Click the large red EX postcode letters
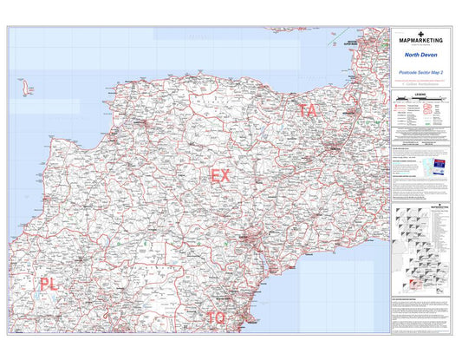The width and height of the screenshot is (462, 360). pos(221,176)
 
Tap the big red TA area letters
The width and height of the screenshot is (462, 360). pos(308,110)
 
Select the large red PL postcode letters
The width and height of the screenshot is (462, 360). pos(49,284)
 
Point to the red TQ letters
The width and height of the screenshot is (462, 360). pos(216,317)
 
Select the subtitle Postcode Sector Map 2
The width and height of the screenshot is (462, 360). pos(420,72)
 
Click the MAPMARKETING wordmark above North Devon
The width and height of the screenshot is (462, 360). pos(420,41)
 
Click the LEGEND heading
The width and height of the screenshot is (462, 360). pos(420,90)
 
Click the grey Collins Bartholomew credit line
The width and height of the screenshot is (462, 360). pos(420,83)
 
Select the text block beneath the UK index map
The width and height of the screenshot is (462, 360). pos(420,312)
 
